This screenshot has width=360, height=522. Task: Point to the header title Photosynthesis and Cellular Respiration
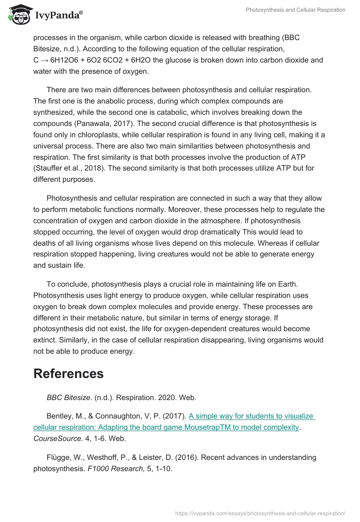click(295, 10)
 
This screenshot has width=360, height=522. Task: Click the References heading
click(68, 373)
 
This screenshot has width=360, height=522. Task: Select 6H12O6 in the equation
click(68, 60)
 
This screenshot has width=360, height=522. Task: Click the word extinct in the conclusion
click(45, 340)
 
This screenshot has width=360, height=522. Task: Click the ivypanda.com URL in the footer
click(260, 513)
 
